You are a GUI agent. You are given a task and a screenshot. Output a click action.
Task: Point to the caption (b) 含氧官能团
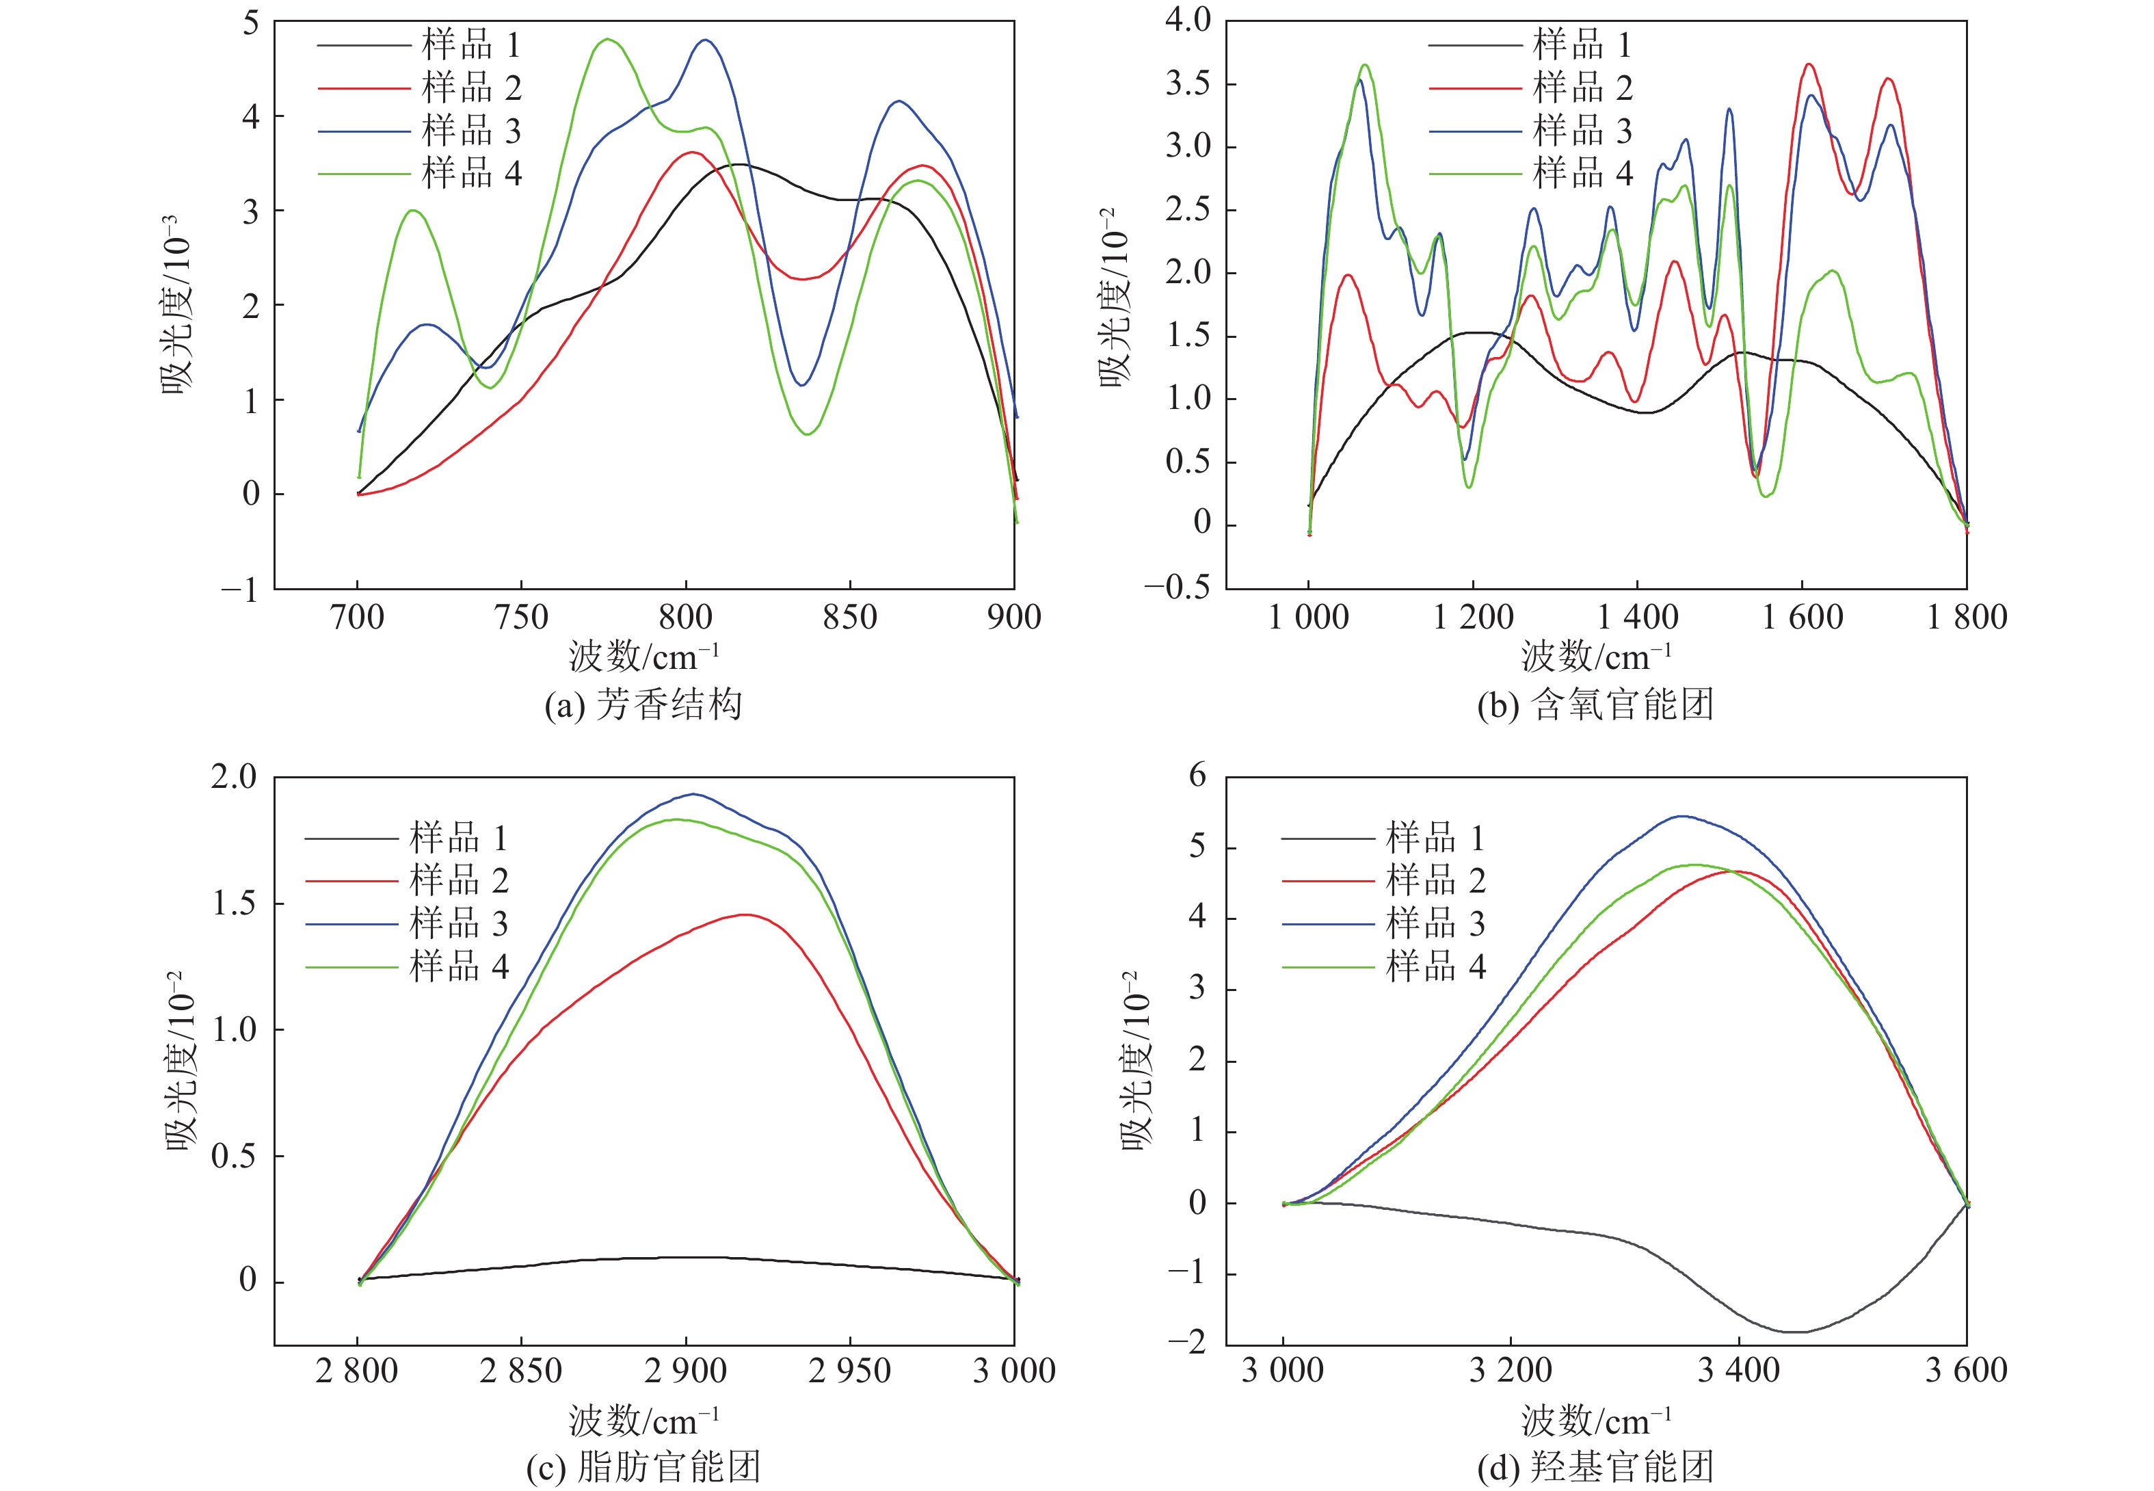click(1595, 704)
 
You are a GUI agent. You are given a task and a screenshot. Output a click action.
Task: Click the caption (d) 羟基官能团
click(1595, 1466)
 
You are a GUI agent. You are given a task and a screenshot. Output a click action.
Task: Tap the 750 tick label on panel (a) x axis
click(521, 618)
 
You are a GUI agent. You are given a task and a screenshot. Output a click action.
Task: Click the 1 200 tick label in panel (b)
click(1473, 618)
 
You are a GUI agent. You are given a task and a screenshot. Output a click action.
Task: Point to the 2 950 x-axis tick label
click(850, 1371)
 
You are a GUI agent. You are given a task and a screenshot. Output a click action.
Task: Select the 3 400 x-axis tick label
click(1738, 1371)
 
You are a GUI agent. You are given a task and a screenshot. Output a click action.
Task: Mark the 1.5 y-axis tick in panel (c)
click(234, 903)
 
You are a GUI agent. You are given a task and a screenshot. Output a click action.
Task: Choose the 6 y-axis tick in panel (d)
click(1197, 776)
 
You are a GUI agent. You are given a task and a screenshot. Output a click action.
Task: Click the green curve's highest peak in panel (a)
click(608, 39)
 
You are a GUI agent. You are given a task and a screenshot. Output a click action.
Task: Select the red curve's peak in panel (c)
click(745, 914)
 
